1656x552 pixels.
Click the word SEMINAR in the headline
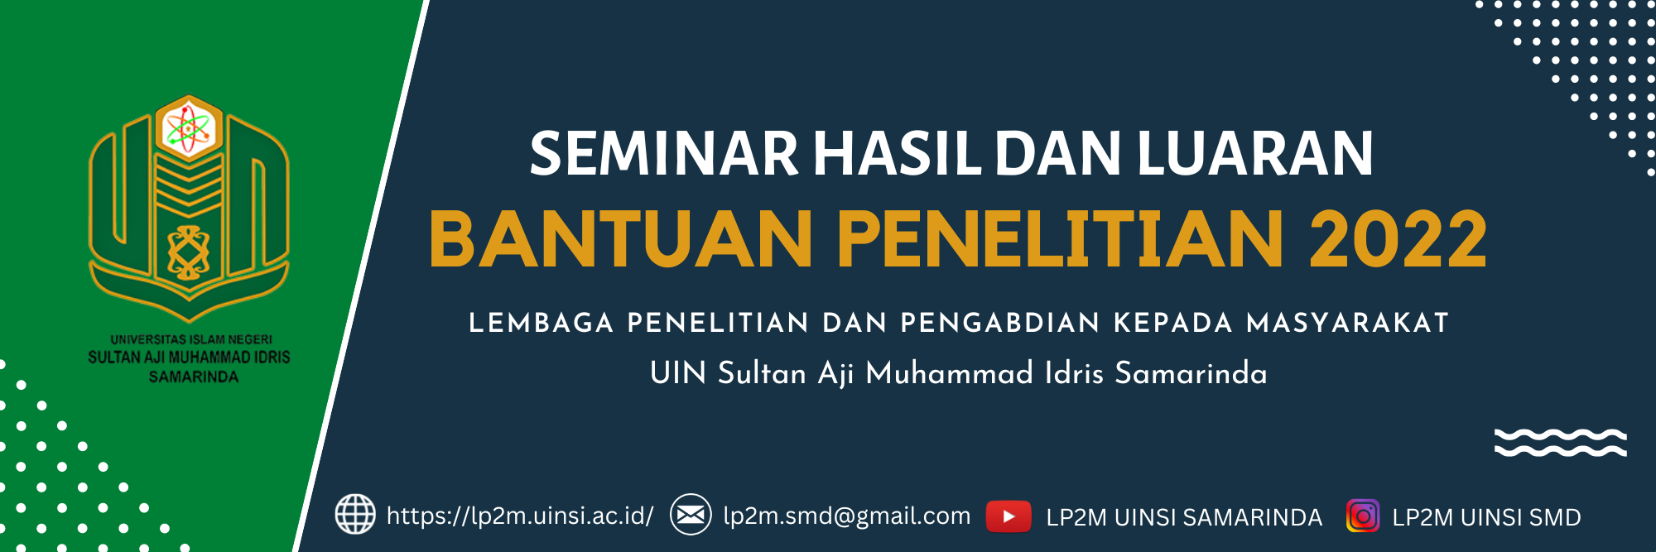663,154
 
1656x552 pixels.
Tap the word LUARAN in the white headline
1255,154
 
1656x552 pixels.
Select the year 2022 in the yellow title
1398,239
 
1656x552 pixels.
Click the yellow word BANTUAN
620,239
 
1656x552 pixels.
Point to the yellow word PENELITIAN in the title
1061,239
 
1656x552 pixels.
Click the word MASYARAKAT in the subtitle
1347,323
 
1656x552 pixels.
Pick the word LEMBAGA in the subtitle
542,323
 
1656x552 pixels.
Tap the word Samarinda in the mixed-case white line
1191,373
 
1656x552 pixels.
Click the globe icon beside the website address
355,514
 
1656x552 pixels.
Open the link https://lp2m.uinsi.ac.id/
520,516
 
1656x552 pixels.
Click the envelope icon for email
691,514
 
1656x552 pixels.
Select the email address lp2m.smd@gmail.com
846,516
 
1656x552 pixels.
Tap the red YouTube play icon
1009,516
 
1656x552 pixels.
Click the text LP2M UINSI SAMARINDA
1184,517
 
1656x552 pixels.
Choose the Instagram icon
1363,516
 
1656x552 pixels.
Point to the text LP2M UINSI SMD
1486,517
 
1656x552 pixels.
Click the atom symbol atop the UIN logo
189,128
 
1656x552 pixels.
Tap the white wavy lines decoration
1561,443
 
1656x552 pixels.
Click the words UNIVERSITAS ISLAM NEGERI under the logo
191,339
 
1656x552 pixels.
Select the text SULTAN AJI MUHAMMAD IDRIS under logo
190,358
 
